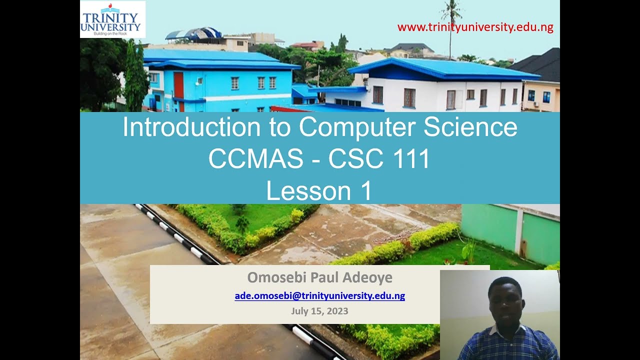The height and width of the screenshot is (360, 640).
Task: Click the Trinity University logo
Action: pyautogui.click(x=112, y=19)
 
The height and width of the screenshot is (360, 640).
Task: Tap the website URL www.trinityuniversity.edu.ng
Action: pyautogui.click(x=475, y=27)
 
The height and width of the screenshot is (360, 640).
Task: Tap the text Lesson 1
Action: pyautogui.click(x=319, y=191)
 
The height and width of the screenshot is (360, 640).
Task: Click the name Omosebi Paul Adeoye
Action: pyautogui.click(x=319, y=277)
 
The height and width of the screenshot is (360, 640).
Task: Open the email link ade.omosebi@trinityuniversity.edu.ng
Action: pyautogui.click(x=319, y=295)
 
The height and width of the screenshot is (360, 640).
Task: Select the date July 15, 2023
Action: pyautogui.click(x=319, y=311)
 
